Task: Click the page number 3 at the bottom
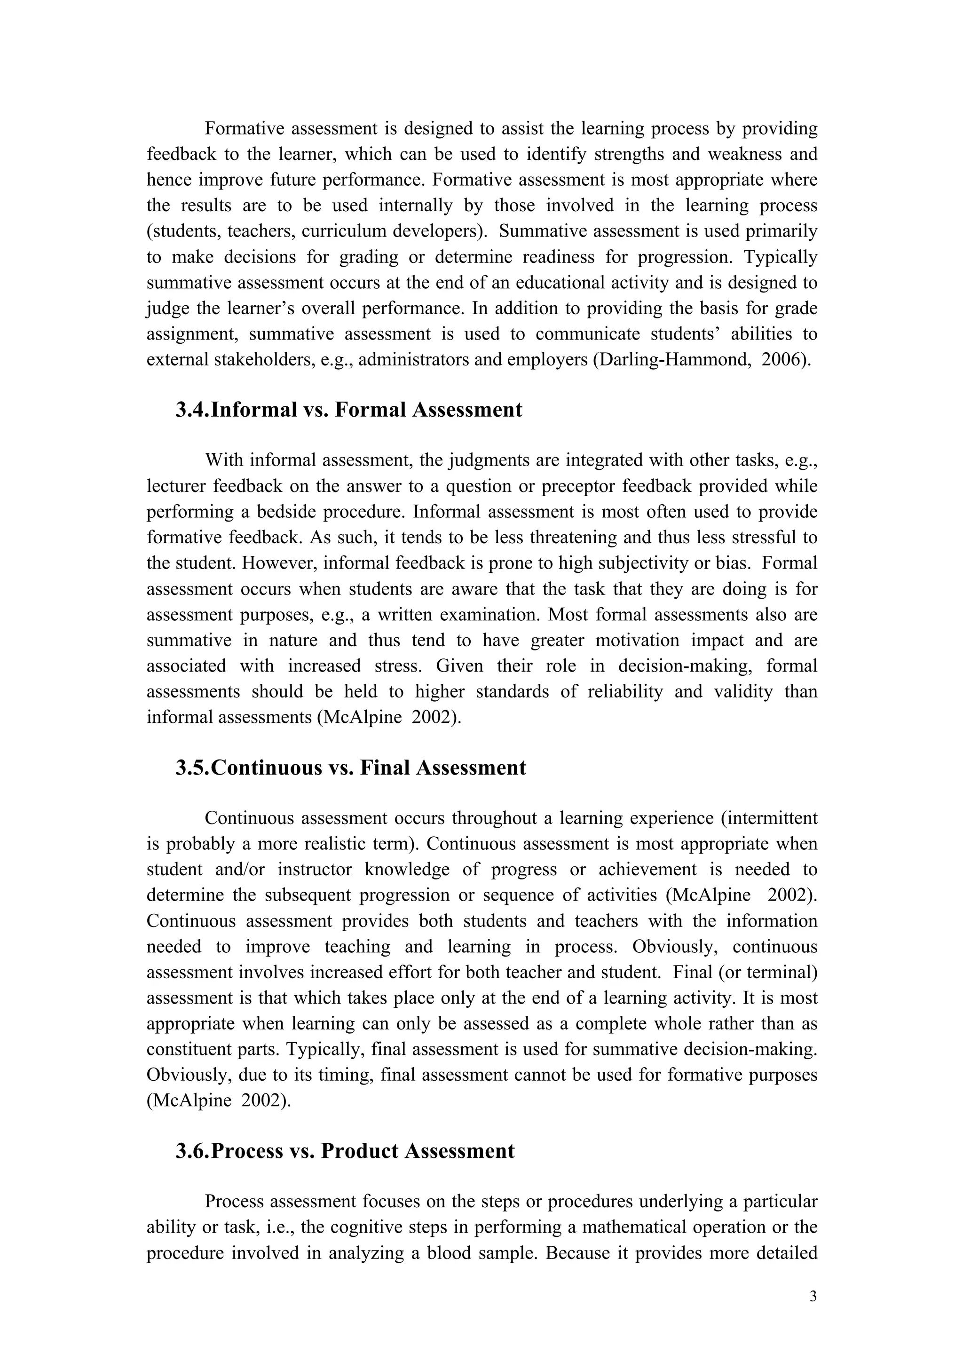click(813, 1296)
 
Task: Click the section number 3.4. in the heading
click(193, 410)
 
